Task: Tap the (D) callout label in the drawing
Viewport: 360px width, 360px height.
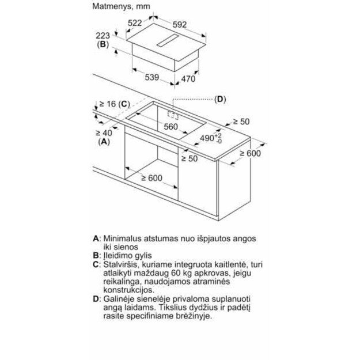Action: (x=220, y=99)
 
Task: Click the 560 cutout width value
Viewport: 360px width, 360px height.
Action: (x=169, y=127)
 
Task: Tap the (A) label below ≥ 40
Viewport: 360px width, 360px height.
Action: (x=104, y=142)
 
